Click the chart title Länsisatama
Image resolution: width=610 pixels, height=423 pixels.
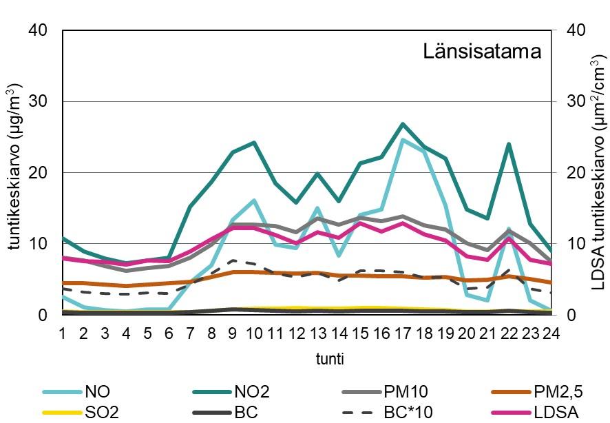point(478,52)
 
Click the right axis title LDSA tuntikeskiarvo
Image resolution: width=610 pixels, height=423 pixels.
point(598,172)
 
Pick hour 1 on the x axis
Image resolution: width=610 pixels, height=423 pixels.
point(63,333)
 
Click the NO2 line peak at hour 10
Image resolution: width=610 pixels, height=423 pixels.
point(254,143)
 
